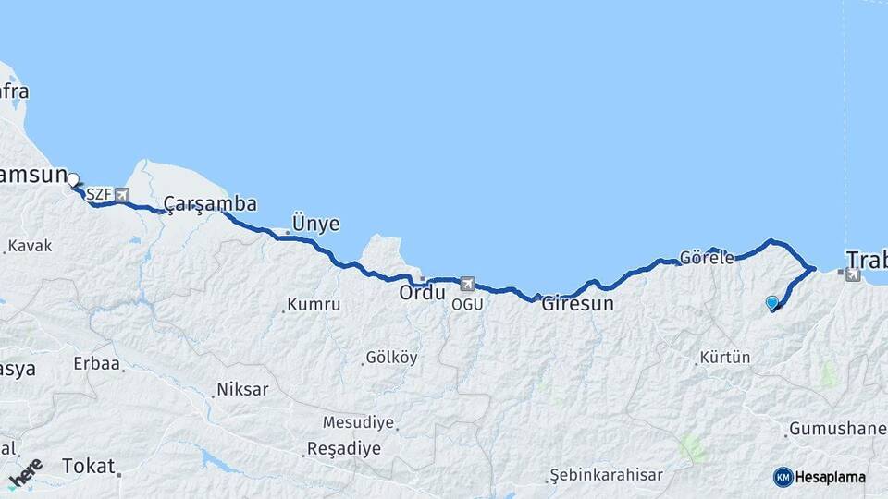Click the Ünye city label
pos(315,224)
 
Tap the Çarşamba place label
pos(210,203)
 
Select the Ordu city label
pos(422,293)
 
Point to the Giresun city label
pos(577,303)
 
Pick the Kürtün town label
pos(725,357)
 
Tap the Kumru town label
pos(314,304)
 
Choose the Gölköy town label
pos(391,357)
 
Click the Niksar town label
pos(242,389)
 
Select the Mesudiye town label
pos(358,422)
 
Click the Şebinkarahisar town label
pos(606,475)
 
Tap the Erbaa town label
pos(97,364)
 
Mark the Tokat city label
pos(88,467)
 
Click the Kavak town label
pos(31,246)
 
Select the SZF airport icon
pos(121,195)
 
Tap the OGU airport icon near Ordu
pos(468,285)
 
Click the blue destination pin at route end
pos(772,302)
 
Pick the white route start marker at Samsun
pos(73,179)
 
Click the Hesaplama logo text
pos(831,477)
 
